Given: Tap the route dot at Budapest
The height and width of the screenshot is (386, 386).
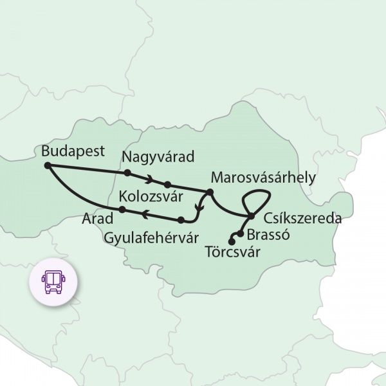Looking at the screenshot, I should click(x=48, y=165).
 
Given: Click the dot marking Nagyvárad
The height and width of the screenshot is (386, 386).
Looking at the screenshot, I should click(x=127, y=172).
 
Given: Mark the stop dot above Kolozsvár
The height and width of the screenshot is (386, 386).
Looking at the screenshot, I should click(x=167, y=184).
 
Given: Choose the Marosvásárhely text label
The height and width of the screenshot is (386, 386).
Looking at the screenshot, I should click(x=262, y=176).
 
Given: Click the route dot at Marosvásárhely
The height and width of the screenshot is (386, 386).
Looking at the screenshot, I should click(x=210, y=192).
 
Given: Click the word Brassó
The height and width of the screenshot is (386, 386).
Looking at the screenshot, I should click(x=268, y=235).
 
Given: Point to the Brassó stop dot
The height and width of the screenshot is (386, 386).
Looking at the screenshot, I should click(x=240, y=234).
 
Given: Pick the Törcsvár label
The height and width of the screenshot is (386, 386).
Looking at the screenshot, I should click(x=232, y=252).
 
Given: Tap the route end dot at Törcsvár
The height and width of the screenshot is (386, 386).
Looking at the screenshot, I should click(x=231, y=242).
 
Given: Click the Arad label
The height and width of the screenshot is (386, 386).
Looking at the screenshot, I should click(x=97, y=218).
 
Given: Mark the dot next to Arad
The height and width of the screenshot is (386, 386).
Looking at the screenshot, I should click(x=122, y=210).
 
